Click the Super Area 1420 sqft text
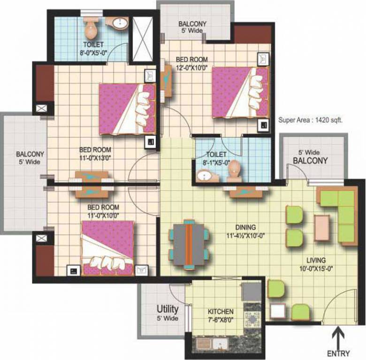(x=310, y=120)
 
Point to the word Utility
(x=167, y=309)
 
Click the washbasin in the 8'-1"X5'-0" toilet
(x=205, y=176)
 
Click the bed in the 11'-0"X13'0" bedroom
(x=127, y=109)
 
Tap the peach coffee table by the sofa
(x=322, y=225)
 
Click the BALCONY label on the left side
(x=30, y=157)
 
